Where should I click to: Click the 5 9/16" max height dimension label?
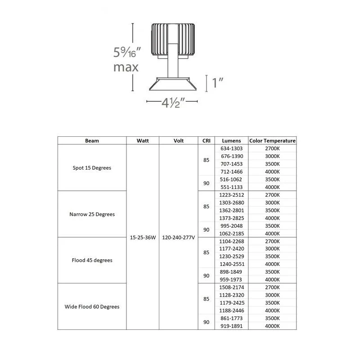point(127,59)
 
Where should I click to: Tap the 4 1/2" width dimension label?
point(173,103)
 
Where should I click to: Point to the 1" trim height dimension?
point(217,83)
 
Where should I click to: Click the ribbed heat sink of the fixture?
point(173,39)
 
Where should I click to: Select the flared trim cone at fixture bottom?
point(173,84)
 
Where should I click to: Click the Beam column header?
point(92,141)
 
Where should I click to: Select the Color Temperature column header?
point(272,141)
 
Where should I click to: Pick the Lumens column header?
point(231,141)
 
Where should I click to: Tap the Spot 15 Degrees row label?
point(92,168)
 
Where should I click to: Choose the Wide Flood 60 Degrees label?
point(92,307)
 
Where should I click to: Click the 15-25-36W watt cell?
point(143,238)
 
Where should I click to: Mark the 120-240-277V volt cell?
point(178,238)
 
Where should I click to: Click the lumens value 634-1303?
point(231,148)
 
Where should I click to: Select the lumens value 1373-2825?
point(231,218)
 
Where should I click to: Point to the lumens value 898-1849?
point(231,272)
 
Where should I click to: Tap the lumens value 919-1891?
point(231,326)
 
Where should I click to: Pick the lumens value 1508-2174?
point(231,288)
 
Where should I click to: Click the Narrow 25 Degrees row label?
point(92,214)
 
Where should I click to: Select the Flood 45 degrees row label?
point(92,261)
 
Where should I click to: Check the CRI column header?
point(206,141)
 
